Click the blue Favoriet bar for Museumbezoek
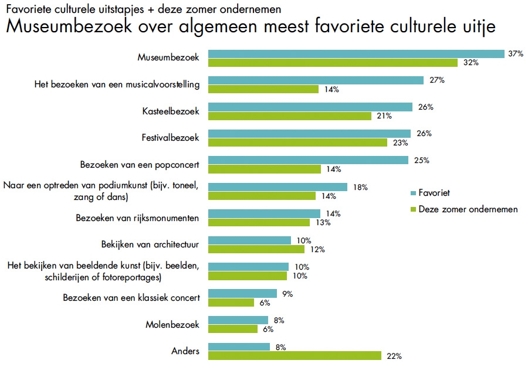pyautogui.click(x=356, y=54)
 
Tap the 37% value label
pyautogui.click(x=515, y=53)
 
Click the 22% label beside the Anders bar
pyautogui.click(x=392, y=356)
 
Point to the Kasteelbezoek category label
pyautogui.click(x=171, y=111)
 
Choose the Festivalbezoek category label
pyautogui.click(x=171, y=138)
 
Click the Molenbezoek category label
pyautogui.click(x=172, y=324)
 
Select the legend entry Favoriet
pyautogui.click(x=434, y=192)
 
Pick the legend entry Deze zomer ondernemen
pyautogui.click(x=468, y=209)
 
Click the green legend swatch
pyautogui.click(x=412, y=209)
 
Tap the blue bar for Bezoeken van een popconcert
pyautogui.click(x=308, y=160)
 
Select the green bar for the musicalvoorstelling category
pyautogui.click(x=263, y=89)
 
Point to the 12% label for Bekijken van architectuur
pyautogui.click(x=317, y=249)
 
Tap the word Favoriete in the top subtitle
pyautogui.click(x=25, y=9)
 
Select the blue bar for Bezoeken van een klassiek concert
pyautogui.click(x=242, y=293)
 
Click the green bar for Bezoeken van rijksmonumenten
pyautogui.click(x=259, y=222)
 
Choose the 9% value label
pyautogui.click(x=287, y=293)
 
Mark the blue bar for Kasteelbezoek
pyautogui.click(x=310, y=107)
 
